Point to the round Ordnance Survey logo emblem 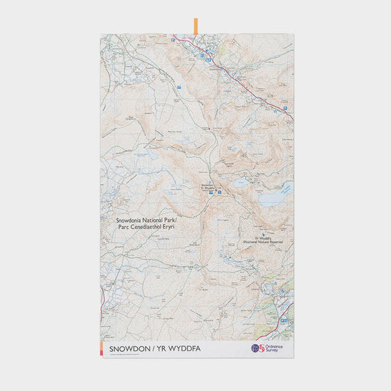pyautogui.click(x=257, y=348)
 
